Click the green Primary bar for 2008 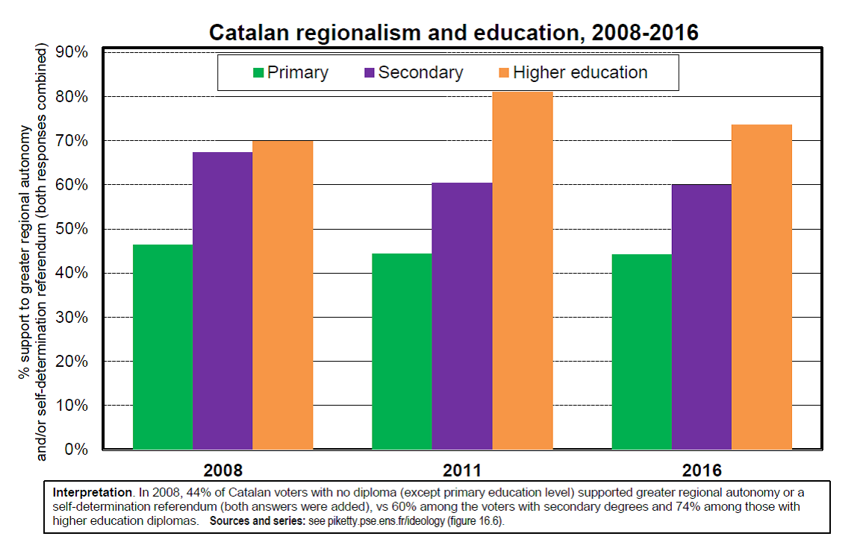pos(163,347)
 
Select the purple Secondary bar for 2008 pos(223,300)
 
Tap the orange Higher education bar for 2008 pos(283,295)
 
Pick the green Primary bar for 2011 pos(402,351)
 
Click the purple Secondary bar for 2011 pos(462,316)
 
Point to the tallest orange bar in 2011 pos(523,271)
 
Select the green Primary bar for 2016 pos(642,352)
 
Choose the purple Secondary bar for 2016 pos(702,318)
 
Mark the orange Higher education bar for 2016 pos(761,287)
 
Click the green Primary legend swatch pos(258,72)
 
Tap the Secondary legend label pos(420,72)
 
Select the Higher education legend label pos(580,72)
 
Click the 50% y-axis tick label pos(72,229)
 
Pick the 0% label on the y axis pos(76,450)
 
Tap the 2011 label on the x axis pos(462,470)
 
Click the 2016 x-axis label pos(702,470)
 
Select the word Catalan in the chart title pos(249,33)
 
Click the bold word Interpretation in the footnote pos(93,493)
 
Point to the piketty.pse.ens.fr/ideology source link pos(386,520)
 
